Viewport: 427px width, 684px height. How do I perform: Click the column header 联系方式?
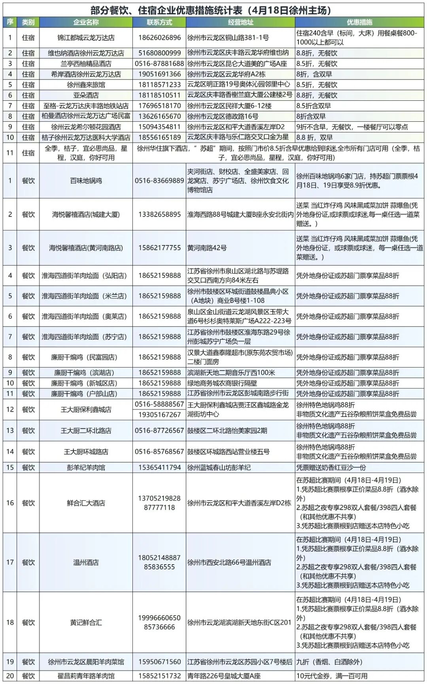pyautogui.click(x=159, y=22)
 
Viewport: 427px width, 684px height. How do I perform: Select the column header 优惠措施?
pyautogui.click(x=359, y=22)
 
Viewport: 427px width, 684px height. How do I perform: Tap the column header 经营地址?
pyautogui.click(x=240, y=22)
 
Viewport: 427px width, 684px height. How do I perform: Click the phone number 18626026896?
pyautogui.click(x=159, y=38)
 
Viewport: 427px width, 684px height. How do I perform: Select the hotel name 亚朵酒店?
pyautogui.click(x=86, y=95)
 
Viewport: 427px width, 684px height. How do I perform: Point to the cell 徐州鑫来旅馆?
pyautogui.click(x=86, y=85)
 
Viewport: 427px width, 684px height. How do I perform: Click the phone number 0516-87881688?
pyautogui.click(x=159, y=64)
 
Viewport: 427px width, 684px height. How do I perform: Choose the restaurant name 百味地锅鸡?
pyautogui.click(x=86, y=181)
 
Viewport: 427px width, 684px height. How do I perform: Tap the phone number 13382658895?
pyautogui.click(x=159, y=214)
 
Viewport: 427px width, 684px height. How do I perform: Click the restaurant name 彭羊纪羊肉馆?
pyautogui.click(x=86, y=467)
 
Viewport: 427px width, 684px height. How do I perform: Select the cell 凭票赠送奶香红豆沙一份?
pyautogui.click(x=331, y=467)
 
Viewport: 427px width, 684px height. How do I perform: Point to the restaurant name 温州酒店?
pyautogui.click(x=86, y=562)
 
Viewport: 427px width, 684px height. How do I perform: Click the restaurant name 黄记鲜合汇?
pyautogui.click(x=86, y=622)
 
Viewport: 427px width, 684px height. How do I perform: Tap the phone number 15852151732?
pyautogui.click(x=159, y=676)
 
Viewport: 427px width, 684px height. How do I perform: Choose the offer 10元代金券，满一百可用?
pyautogui.click(x=332, y=676)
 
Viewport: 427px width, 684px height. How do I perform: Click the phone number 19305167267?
pyautogui.click(x=159, y=415)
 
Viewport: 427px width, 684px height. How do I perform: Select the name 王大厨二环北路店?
pyautogui.click(x=86, y=431)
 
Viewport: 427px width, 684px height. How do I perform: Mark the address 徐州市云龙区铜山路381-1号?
pyautogui.click(x=228, y=38)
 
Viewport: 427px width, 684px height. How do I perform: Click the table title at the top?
pyautogui.click(x=213, y=10)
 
